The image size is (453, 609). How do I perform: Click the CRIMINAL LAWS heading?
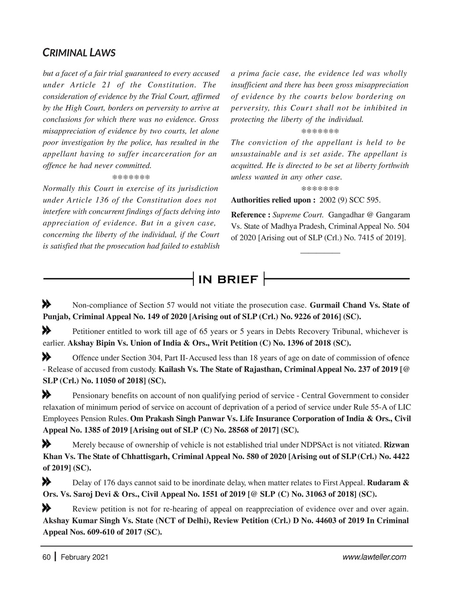point(79,52)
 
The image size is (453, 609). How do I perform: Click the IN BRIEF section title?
point(228,279)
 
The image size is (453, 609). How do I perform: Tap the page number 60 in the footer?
point(46,557)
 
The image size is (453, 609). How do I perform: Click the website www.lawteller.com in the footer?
point(374,557)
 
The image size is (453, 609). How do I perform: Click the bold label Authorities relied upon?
point(273,200)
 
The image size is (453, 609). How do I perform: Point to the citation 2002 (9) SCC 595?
point(350,200)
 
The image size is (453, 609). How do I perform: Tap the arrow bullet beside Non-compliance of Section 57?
point(47,304)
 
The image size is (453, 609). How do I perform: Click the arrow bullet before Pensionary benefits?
point(47,394)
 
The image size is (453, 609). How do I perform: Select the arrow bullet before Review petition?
point(47,508)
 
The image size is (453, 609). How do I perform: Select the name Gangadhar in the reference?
point(347,215)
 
